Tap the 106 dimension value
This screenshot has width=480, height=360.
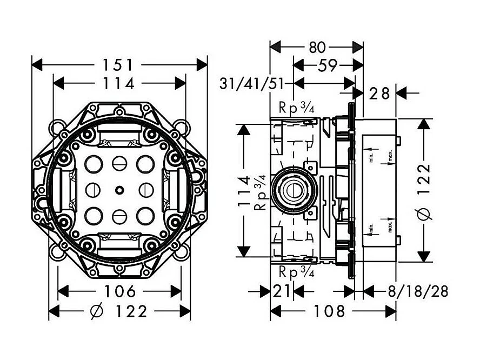click(x=120, y=291)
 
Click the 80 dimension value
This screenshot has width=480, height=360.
click(x=317, y=48)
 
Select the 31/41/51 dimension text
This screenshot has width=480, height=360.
click(x=252, y=84)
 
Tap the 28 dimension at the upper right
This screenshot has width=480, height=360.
click(x=379, y=94)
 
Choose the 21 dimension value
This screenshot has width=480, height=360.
click(x=281, y=292)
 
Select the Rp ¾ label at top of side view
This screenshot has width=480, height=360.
click(x=297, y=108)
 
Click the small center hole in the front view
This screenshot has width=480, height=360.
click(x=118, y=190)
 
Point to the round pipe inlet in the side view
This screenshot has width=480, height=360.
click(x=292, y=190)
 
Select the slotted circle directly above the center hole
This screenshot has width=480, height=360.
click(x=118, y=163)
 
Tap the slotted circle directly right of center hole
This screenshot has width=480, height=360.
click(x=145, y=190)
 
